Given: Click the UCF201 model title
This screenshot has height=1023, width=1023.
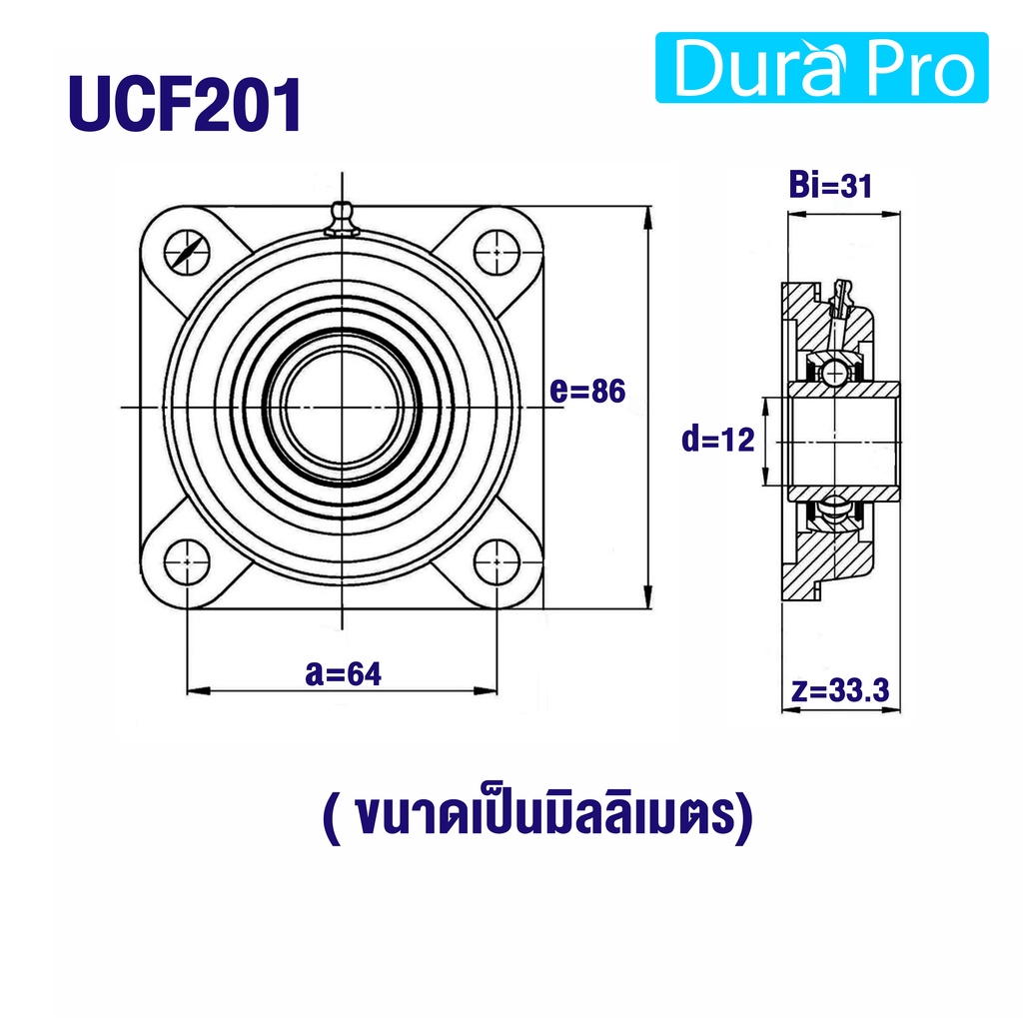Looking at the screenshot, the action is (x=185, y=104).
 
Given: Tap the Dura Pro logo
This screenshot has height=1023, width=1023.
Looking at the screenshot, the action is (x=821, y=67).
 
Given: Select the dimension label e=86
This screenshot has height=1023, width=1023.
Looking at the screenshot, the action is (x=587, y=391).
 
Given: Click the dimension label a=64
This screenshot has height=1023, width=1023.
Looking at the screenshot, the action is (x=344, y=673).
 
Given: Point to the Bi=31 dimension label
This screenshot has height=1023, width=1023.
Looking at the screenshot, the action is (x=830, y=185).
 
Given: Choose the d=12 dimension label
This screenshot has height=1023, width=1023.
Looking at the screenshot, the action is (x=717, y=440).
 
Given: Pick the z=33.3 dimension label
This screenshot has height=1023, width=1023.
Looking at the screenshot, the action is (x=839, y=689).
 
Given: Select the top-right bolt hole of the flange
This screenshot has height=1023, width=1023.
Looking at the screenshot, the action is (x=498, y=252).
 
